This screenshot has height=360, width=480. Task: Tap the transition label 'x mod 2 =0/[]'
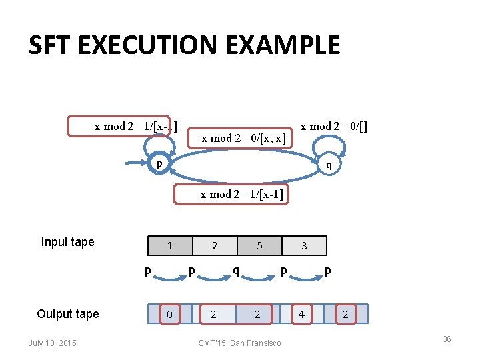[x=334, y=126]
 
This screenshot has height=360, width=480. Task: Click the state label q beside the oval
[x=328, y=165]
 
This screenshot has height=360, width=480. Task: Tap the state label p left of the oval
[x=159, y=164]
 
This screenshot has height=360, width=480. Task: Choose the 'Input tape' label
[x=67, y=242]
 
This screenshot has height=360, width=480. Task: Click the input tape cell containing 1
[x=170, y=246]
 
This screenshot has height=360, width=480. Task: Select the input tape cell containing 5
[x=259, y=246]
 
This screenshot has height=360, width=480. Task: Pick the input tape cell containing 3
[x=304, y=246]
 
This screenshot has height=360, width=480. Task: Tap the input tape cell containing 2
[x=215, y=246]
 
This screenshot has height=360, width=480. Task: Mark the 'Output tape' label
[x=67, y=314]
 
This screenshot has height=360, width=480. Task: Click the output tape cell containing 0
[x=170, y=314]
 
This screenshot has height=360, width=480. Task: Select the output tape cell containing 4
[x=302, y=314]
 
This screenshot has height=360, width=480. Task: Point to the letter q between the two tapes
[x=236, y=271]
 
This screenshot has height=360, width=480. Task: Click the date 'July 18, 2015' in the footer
[x=53, y=343]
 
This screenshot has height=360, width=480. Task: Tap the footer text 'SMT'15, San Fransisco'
[x=240, y=343]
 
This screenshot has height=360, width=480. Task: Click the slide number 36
[x=447, y=339]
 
